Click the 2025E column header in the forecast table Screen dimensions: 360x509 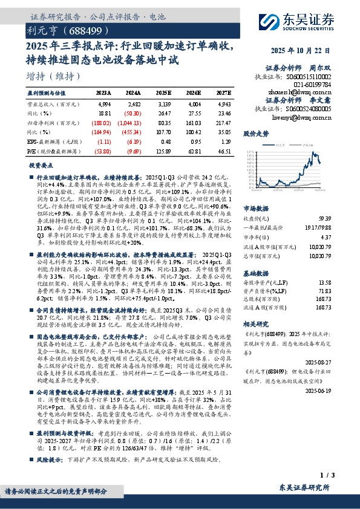pos(163,93)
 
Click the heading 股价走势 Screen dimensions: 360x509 pos(255,131)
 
